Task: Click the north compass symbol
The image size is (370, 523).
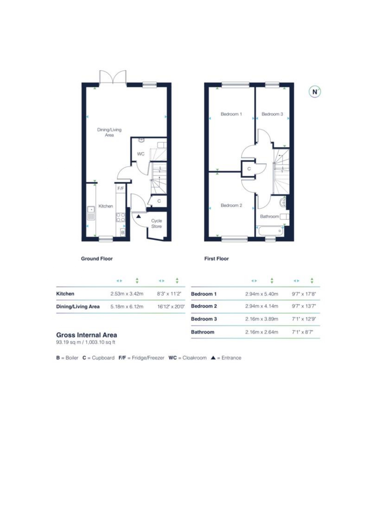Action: (315, 92)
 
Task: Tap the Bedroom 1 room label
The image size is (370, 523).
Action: (231, 114)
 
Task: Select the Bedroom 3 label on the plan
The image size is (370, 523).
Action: (272, 114)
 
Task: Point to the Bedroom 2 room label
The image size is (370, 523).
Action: (231, 205)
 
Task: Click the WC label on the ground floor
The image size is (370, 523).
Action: (141, 154)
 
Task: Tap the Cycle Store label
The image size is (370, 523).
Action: (157, 224)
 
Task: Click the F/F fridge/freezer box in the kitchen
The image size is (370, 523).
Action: (120, 188)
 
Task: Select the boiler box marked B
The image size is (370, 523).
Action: (123, 232)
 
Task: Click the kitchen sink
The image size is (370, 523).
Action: (91, 213)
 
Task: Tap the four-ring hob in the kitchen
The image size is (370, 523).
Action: (120, 217)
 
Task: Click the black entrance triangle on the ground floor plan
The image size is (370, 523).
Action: (138, 216)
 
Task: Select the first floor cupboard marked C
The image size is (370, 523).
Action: (249, 169)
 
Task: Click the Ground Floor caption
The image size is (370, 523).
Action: (97, 259)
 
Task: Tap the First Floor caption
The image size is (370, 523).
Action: (216, 259)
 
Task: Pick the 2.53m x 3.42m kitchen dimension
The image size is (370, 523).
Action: (127, 294)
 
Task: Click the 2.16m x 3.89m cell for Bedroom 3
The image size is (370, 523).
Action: (261, 319)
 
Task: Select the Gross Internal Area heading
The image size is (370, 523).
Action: (86, 335)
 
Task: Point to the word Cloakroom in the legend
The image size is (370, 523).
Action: (194, 358)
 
